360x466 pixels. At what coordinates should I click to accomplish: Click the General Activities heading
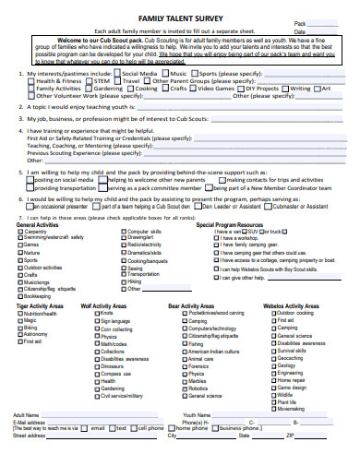(x=38, y=224)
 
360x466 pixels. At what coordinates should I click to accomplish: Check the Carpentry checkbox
(x=19, y=231)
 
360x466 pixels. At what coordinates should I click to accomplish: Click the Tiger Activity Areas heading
(x=40, y=305)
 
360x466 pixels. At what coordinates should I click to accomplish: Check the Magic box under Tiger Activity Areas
(x=19, y=319)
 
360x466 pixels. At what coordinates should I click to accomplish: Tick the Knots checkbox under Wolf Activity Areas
(x=96, y=313)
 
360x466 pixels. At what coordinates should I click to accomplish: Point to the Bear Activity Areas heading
(x=193, y=305)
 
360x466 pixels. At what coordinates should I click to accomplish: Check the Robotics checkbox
(x=184, y=388)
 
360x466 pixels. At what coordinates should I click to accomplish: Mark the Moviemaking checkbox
(x=272, y=382)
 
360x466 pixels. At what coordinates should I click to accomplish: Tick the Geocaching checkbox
(x=272, y=358)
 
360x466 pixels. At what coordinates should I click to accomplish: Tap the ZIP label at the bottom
(x=291, y=436)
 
